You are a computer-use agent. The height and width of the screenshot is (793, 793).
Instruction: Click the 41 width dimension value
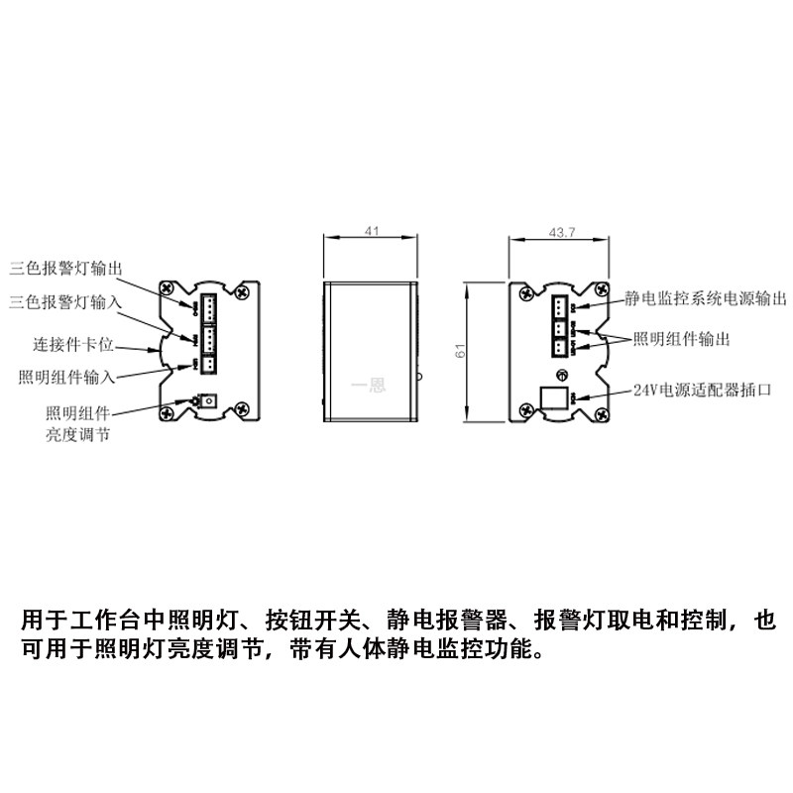(x=373, y=231)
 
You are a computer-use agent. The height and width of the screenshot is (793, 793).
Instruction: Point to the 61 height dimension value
(x=459, y=352)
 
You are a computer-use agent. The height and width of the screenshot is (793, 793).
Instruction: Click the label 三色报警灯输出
(x=66, y=268)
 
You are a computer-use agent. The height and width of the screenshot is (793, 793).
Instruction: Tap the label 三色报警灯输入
(x=65, y=299)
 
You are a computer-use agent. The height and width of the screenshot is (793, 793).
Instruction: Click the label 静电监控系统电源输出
(x=706, y=296)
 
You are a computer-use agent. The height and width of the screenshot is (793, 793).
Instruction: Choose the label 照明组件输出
(x=682, y=339)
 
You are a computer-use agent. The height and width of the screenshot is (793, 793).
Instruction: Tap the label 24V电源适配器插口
(x=702, y=390)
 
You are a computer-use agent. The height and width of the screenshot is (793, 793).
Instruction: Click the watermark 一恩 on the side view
(x=369, y=387)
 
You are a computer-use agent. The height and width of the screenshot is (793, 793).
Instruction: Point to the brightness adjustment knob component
(x=208, y=401)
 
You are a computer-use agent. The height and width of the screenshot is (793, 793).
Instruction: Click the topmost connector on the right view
(x=559, y=304)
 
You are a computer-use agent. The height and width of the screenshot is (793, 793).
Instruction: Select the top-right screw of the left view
(x=244, y=292)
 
